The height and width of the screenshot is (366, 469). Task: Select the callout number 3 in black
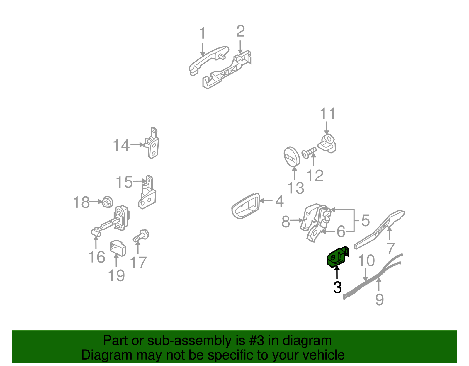pyautogui.click(x=337, y=287)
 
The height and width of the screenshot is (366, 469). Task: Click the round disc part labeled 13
pyautogui.click(x=291, y=156)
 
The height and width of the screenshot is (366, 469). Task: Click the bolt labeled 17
pyautogui.click(x=141, y=236)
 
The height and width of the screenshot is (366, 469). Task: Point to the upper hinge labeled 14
pyautogui.click(x=153, y=144)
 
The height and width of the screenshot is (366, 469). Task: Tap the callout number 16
pyautogui.click(x=97, y=257)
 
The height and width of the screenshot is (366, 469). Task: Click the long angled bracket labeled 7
pyautogui.click(x=380, y=229)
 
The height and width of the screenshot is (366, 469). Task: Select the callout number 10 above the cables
pyautogui.click(x=366, y=261)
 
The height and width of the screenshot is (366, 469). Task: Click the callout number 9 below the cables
pyautogui.click(x=379, y=299)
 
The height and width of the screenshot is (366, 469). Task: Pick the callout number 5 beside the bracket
pyautogui.click(x=365, y=220)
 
